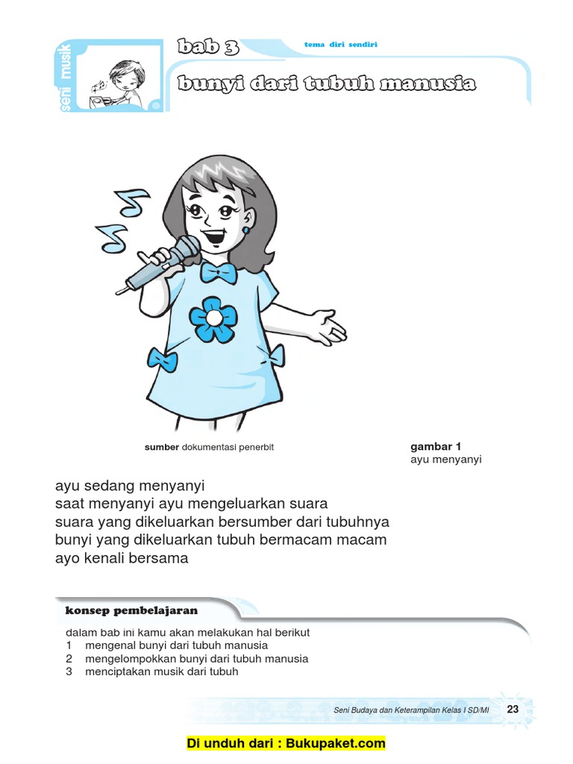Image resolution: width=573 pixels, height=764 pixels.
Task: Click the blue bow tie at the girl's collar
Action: (x=219, y=272)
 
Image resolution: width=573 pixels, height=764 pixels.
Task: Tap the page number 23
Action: (x=513, y=710)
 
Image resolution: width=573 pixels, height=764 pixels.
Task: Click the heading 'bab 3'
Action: (x=208, y=48)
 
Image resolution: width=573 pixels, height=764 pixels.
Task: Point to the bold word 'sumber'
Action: (x=162, y=448)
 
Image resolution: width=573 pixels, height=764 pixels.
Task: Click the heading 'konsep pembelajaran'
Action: (x=131, y=610)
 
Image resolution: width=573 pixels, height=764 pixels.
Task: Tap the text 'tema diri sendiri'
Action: (x=341, y=45)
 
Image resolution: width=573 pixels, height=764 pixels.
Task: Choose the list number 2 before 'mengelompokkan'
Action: (x=69, y=659)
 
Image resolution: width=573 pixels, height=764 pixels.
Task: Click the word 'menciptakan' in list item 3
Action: (x=114, y=671)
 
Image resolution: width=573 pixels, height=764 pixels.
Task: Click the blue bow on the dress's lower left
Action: (x=163, y=359)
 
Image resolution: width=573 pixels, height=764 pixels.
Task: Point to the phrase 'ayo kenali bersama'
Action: (x=122, y=558)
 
